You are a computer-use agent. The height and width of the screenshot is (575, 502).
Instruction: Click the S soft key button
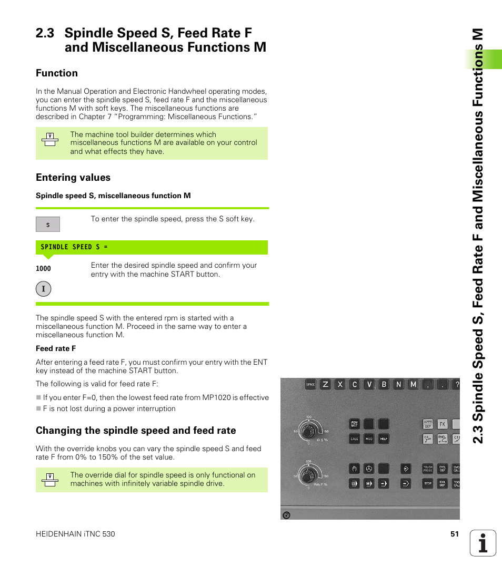click(x=48, y=225)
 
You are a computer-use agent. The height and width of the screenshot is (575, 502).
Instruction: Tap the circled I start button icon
click(x=44, y=289)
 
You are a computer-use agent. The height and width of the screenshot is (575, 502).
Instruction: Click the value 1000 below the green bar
click(x=43, y=268)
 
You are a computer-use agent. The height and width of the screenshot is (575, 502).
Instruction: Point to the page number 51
click(x=455, y=534)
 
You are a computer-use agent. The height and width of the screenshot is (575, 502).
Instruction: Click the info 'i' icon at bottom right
click(x=483, y=543)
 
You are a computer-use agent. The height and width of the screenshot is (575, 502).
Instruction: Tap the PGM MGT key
click(x=355, y=424)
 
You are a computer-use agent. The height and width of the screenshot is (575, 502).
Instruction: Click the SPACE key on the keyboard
click(x=310, y=385)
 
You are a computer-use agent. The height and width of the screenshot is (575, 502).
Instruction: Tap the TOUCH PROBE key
click(x=428, y=468)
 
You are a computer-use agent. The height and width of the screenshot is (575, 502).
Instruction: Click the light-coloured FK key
click(x=443, y=424)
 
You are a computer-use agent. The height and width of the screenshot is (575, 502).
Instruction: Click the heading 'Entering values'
click(x=73, y=178)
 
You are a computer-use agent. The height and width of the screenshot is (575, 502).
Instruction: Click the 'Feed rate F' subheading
click(x=56, y=348)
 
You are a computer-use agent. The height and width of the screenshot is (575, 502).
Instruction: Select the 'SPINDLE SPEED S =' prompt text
click(x=74, y=247)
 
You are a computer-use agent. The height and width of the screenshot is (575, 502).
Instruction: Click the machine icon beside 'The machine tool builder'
click(x=50, y=139)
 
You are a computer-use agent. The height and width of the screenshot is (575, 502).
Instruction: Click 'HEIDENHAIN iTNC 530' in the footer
click(x=75, y=534)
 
